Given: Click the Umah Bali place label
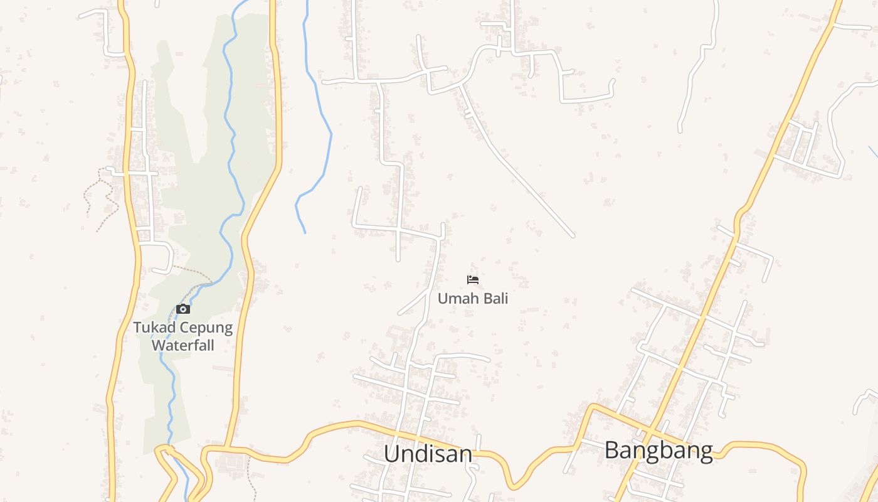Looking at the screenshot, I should pyautogui.click(x=473, y=298).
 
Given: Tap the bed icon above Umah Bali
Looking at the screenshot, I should pyautogui.click(x=473, y=280).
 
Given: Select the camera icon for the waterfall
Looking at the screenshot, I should pyautogui.click(x=183, y=309).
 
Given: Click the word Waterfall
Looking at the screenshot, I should pyautogui.click(x=183, y=345).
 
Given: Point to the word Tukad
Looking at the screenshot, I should pyautogui.click(x=154, y=328).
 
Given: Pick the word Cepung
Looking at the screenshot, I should pyautogui.click(x=206, y=328).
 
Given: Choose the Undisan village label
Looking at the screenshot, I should pyautogui.click(x=428, y=454).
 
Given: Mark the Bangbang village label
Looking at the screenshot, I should pyautogui.click(x=658, y=451).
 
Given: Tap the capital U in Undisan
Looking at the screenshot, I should pyautogui.click(x=391, y=454).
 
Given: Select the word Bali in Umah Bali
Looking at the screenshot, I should pyautogui.click(x=492, y=298).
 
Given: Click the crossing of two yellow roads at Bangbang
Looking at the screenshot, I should pyautogui.click(x=650, y=434).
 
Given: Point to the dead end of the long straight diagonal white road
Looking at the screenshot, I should pyautogui.click(x=573, y=237).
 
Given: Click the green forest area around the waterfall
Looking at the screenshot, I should pyautogui.click(x=188, y=188).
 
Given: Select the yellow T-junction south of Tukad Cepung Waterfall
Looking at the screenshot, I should pyautogui.click(x=227, y=448).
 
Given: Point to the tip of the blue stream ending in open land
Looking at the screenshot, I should pyautogui.click(x=305, y=233).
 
